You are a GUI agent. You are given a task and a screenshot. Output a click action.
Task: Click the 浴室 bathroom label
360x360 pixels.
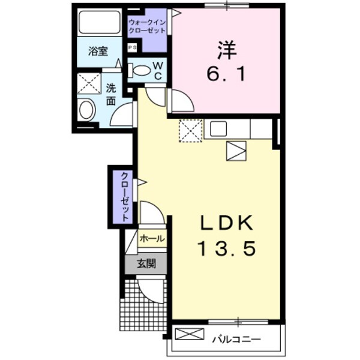(98, 52)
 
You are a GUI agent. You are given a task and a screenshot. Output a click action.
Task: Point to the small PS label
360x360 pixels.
(131, 46)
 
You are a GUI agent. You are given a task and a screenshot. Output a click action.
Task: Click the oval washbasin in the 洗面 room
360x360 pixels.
(86, 110)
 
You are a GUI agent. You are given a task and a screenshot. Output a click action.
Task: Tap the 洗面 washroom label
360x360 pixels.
(112, 94)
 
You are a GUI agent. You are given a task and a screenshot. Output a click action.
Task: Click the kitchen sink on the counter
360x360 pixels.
(218, 128)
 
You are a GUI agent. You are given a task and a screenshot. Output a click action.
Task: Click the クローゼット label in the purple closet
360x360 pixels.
(124, 197)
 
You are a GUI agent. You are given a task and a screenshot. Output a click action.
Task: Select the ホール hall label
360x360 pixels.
(152, 239)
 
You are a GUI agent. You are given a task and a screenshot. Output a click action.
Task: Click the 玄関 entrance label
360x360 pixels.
(145, 263)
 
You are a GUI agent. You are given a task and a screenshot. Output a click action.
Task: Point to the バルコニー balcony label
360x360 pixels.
(236, 340)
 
